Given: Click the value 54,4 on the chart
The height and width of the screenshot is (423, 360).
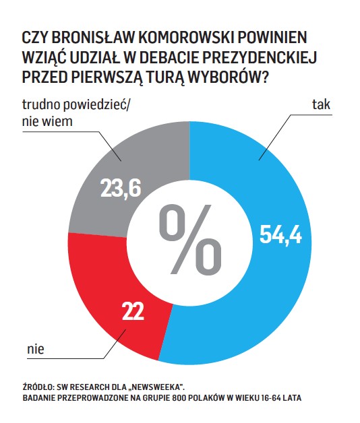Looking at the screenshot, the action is (x=280, y=235).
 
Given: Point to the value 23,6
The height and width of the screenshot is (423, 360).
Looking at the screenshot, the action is (x=121, y=189).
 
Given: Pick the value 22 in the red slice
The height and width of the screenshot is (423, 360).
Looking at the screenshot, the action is (x=133, y=311).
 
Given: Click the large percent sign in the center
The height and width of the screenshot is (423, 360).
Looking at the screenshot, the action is (x=190, y=239).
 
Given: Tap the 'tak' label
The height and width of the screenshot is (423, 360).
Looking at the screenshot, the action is (x=321, y=104).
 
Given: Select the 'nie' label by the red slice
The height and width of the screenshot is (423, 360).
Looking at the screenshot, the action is (x=36, y=349).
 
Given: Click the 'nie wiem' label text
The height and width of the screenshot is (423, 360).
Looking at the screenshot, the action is (x=47, y=121).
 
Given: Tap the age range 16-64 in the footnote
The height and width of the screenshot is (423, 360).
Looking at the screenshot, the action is (x=270, y=398).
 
